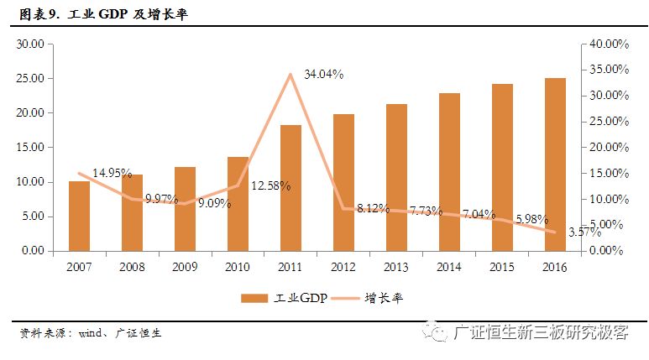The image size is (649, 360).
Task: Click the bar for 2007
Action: coord(79,216)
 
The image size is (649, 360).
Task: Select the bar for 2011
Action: coord(290,188)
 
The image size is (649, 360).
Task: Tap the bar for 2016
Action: coord(555,164)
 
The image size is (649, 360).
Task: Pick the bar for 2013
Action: coord(396,177)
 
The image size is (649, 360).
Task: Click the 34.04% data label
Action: coord(323,74)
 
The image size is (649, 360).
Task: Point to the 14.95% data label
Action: coord(112,174)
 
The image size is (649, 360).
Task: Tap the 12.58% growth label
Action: coord(270,185)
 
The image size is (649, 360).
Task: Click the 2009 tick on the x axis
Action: coord(185,267)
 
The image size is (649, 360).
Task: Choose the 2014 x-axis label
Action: coord(449,267)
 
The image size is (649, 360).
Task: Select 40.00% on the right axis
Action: coord(605,44)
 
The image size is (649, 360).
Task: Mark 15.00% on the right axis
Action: coord(605,173)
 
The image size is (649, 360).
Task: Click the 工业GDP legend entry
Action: coord(286,298)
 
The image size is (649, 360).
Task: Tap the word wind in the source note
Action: coord(92,332)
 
